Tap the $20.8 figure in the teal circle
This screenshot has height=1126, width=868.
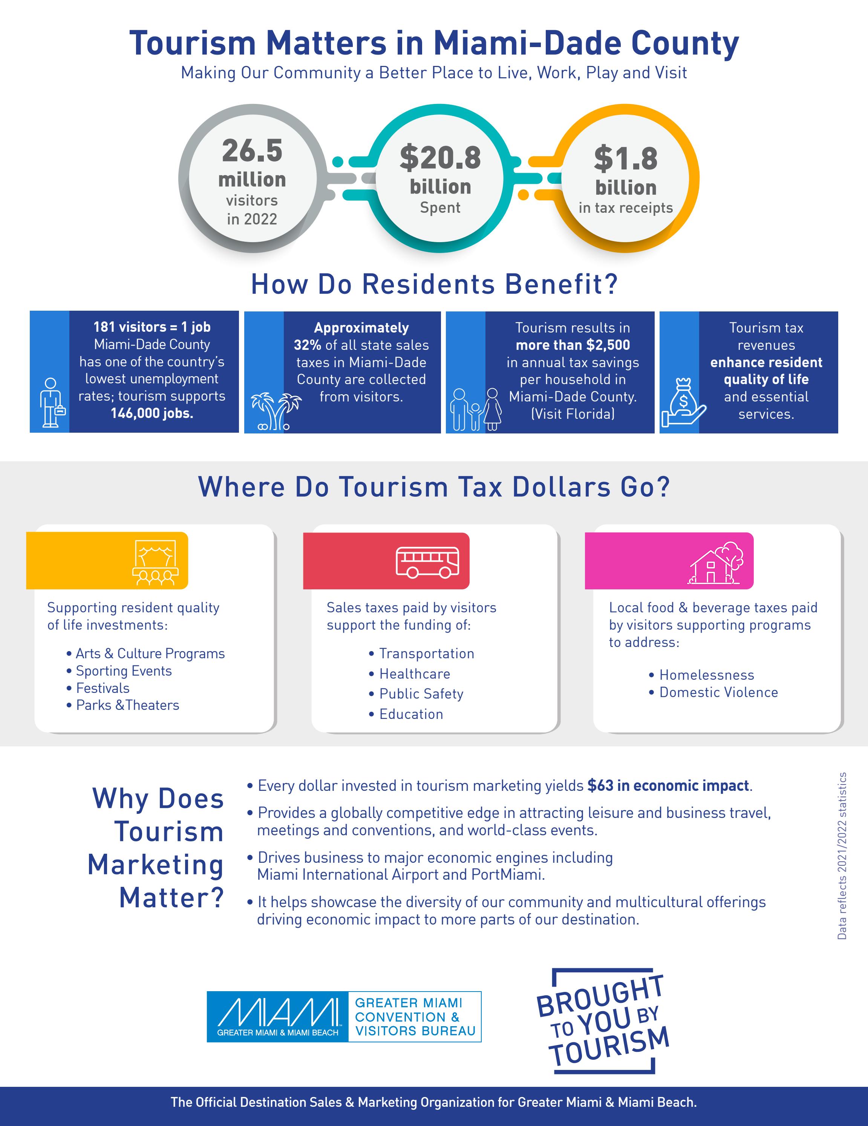[440, 158]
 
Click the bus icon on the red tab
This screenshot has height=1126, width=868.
[427, 562]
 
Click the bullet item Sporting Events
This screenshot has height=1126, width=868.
[123, 671]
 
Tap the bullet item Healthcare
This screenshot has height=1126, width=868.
[414, 674]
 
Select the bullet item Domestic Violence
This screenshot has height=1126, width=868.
[718, 693]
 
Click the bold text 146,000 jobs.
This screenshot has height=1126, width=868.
[152, 413]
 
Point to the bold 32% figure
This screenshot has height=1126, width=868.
[308, 345]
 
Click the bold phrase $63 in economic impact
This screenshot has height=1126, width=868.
[668, 786]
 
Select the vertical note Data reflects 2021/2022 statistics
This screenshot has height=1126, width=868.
[842, 856]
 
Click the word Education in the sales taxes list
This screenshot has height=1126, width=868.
[411, 714]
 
